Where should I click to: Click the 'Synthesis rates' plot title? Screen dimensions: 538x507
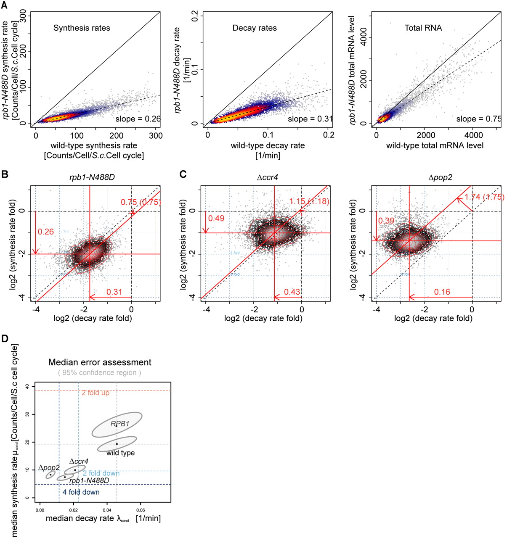point(82,28)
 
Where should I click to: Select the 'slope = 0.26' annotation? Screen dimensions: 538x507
point(138,119)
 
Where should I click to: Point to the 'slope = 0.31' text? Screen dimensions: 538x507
point(310,119)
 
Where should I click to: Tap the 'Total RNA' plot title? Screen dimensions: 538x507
point(423,28)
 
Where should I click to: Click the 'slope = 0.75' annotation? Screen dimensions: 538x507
point(479,119)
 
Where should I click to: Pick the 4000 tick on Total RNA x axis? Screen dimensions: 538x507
point(473,135)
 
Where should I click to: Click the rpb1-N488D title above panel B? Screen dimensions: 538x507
point(92,177)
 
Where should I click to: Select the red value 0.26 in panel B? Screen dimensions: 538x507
point(46,232)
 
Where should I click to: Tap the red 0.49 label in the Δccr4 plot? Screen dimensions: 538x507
point(216,219)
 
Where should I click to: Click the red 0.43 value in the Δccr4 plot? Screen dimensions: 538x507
point(292,292)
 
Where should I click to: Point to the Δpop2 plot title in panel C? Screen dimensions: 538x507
point(440,177)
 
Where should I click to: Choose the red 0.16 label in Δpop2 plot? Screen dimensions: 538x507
point(442,292)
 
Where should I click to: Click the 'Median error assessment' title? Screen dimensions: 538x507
point(100,362)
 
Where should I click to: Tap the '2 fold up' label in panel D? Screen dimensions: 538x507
point(96,393)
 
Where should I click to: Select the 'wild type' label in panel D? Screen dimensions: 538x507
point(120,453)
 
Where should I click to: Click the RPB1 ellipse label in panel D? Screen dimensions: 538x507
point(120,424)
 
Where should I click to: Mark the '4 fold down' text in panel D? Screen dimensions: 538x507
point(81,492)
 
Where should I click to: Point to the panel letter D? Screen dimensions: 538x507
point(5,339)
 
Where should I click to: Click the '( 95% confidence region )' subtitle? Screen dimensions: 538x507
point(99,373)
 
